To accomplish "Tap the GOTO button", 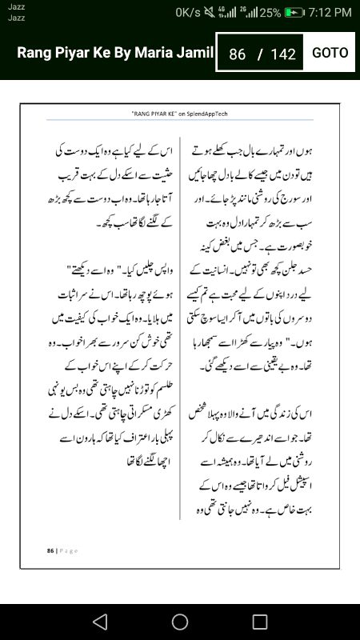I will click(330, 53).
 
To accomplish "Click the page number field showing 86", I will click(237, 54).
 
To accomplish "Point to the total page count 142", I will click(283, 54).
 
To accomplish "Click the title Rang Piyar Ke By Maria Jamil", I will click(116, 53).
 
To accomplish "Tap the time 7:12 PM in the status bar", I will click(330, 13).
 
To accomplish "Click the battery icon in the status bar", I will click(294, 13).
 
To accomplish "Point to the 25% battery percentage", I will click(270, 13).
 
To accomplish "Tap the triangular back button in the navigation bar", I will click(99, 622).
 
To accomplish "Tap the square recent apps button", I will click(260, 622).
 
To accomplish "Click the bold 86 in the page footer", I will click(50, 550).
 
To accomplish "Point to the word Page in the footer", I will click(66, 550).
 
